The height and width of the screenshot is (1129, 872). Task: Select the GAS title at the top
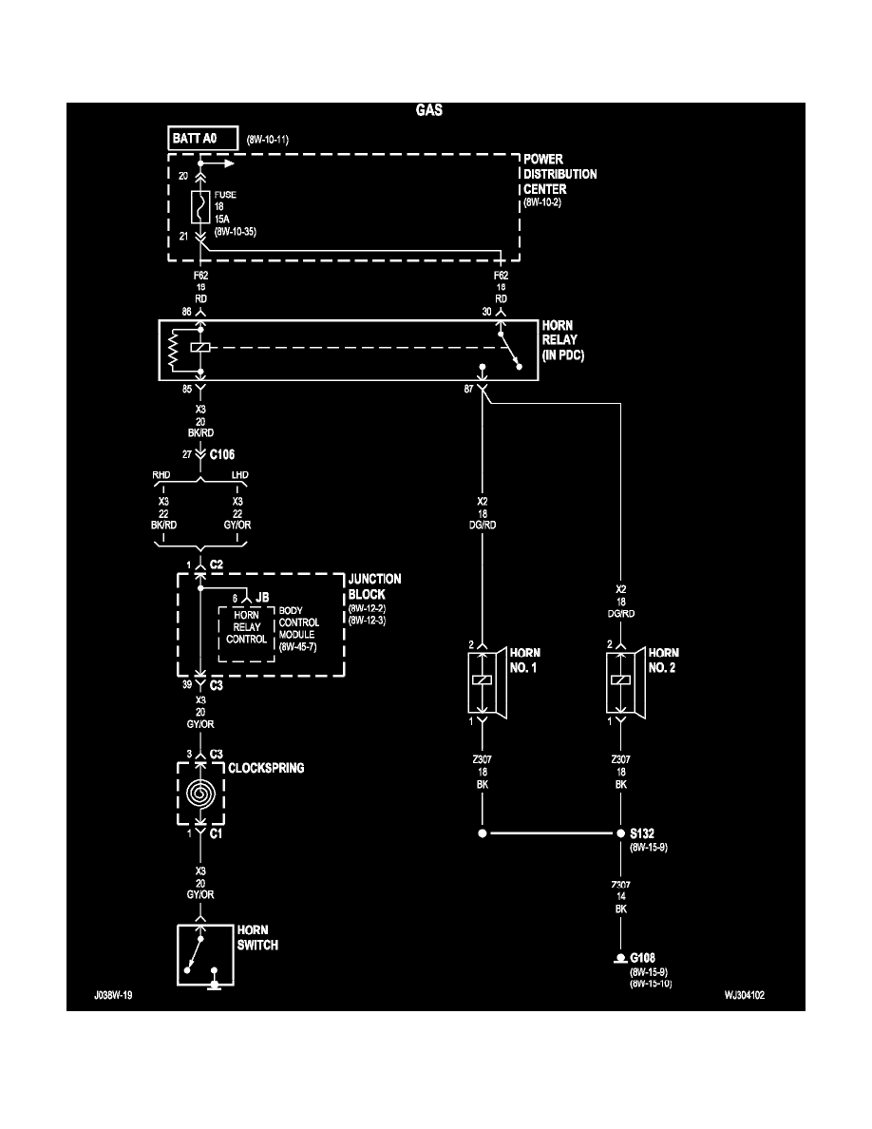429,110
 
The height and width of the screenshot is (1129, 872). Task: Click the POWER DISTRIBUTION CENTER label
559,174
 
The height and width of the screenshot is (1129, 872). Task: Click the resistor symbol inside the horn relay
173,350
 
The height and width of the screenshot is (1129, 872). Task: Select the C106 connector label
223,454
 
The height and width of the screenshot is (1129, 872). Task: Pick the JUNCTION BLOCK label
374,585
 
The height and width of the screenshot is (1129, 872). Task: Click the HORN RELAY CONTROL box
247,626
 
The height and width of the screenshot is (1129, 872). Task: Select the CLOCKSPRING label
266,767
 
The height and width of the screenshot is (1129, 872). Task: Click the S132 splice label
643,832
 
